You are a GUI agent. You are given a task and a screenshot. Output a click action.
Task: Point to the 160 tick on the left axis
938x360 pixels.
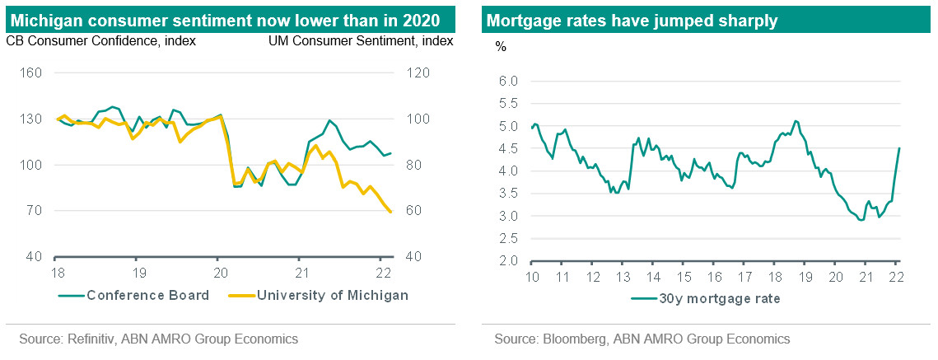click(31, 73)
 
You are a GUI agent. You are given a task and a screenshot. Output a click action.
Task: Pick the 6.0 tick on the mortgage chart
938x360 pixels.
click(508, 81)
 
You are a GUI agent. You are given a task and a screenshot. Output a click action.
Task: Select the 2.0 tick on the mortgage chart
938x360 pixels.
click(508, 261)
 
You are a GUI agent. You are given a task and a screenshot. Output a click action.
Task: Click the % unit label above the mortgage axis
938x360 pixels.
click(501, 46)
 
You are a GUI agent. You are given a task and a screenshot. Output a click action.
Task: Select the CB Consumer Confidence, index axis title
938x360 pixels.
click(101, 41)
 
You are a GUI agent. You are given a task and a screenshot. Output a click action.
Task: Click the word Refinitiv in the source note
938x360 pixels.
click(95, 339)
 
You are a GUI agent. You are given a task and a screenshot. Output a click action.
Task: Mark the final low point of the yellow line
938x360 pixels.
click(390, 213)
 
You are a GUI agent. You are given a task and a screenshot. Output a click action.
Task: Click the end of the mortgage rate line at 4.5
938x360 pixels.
click(898, 148)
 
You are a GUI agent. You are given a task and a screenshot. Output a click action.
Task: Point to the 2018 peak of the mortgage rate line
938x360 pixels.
click(795, 121)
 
